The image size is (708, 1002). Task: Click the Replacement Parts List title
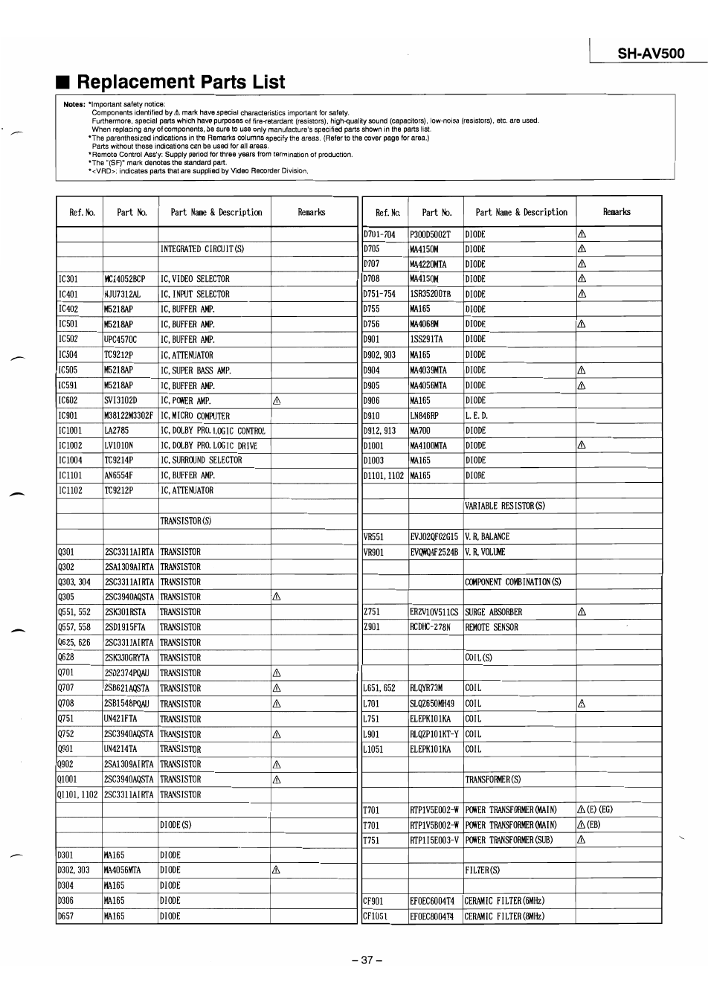[x=181, y=82]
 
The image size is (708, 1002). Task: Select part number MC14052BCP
[x=125, y=279]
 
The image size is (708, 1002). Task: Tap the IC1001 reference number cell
[x=70, y=431]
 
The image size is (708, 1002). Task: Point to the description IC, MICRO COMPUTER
[x=195, y=416]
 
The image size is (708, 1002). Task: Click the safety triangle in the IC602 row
[x=277, y=400]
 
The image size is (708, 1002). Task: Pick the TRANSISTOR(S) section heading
[x=186, y=521]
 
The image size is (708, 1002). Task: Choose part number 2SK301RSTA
[x=126, y=612]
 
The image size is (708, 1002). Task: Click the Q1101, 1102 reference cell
[x=77, y=794]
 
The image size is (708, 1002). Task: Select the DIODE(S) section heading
[x=176, y=825]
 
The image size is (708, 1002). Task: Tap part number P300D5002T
[x=430, y=234]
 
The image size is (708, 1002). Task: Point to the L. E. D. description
[x=475, y=415]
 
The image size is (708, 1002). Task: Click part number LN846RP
[x=424, y=415]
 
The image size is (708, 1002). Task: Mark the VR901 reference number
[x=373, y=552]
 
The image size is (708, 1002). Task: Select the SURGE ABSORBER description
[x=493, y=612]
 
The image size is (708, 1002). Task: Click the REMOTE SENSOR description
[x=492, y=627]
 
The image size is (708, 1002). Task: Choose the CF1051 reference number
[x=375, y=916]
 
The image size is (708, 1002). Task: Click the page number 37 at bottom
[x=367, y=960]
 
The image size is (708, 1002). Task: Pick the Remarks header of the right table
[x=617, y=212]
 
